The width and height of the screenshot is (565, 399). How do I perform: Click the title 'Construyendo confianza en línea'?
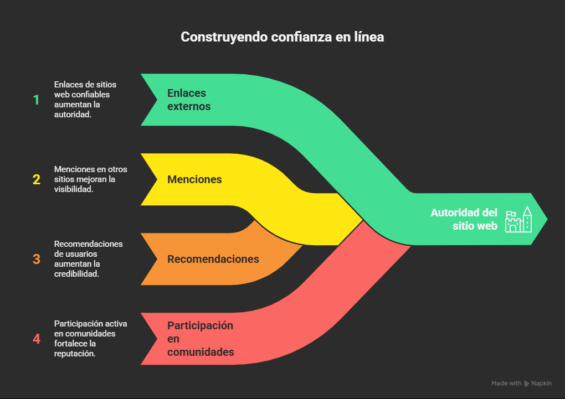point(282,37)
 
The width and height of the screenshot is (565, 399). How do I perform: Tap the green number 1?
point(37,100)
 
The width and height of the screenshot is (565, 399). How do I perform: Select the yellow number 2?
point(37,180)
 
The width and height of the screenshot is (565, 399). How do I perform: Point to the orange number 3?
point(37,259)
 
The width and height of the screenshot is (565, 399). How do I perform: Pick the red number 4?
point(37,339)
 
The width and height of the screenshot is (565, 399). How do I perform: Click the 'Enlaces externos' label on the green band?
point(189,100)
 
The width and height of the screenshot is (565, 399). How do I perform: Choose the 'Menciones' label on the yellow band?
point(194,179)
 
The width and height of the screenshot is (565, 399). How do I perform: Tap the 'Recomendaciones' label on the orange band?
point(213,259)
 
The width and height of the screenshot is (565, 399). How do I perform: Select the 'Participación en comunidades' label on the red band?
point(201,339)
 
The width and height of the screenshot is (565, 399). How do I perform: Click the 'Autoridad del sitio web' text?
point(464,219)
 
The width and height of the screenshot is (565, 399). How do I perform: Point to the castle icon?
point(518,220)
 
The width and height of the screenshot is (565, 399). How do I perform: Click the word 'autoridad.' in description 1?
point(73,114)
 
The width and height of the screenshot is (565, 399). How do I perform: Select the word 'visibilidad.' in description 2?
point(75,189)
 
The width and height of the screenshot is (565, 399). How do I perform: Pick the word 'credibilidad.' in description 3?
point(77,273)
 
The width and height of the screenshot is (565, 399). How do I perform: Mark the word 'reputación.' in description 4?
point(75,353)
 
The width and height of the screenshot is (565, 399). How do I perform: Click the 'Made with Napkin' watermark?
point(521,384)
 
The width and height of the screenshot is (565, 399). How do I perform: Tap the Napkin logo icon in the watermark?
point(526,384)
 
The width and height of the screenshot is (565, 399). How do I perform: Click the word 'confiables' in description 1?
point(90,95)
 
